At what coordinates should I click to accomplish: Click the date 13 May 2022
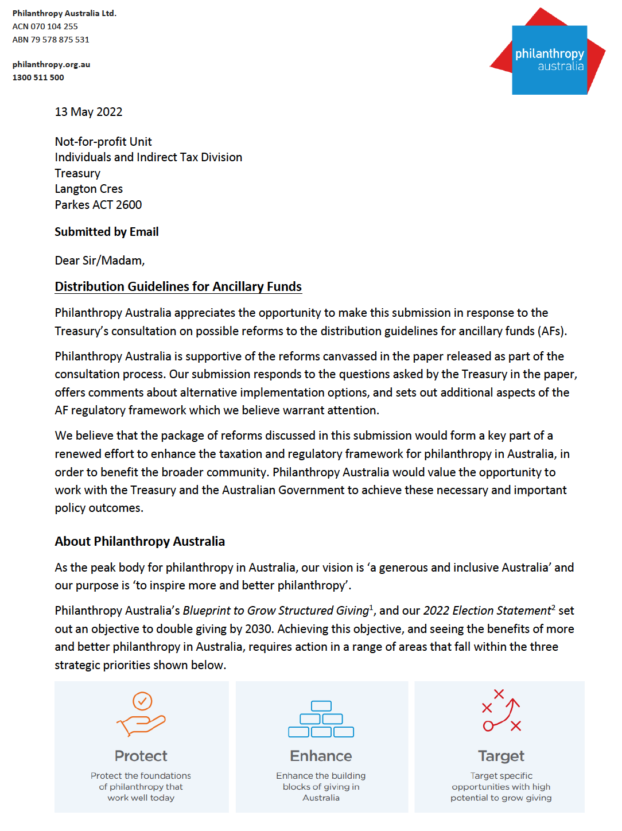[x=88, y=112]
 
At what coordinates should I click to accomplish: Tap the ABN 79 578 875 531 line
[x=50, y=40]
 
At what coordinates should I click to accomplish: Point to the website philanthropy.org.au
[x=51, y=64]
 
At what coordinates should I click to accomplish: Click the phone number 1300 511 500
[x=38, y=77]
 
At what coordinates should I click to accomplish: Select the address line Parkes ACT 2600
[x=98, y=205]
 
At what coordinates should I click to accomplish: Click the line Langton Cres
[x=88, y=189]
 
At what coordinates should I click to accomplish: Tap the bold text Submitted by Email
[x=106, y=232]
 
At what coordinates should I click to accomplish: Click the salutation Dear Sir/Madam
[x=99, y=261]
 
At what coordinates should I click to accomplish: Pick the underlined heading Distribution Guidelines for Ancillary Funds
[x=178, y=286]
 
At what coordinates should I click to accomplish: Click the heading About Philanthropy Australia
[x=139, y=541]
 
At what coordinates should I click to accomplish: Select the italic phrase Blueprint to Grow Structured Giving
[x=275, y=611]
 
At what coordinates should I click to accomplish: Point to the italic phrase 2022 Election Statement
[x=487, y=611]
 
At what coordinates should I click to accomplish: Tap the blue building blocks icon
[x=321, y=719]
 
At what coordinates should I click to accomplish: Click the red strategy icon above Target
[x=501, y=711]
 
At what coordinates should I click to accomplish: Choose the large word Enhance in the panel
[x=321, y=756]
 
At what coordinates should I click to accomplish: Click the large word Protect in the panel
[x=141, y=756]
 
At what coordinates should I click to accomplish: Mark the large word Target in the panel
[x=501, y=756]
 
